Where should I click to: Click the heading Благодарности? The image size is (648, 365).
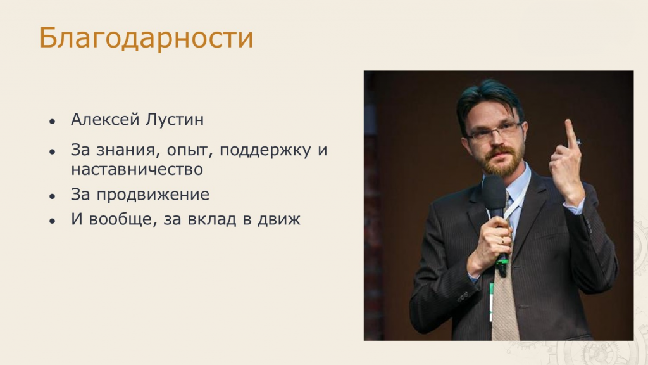[146, 38]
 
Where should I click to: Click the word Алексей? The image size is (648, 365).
[106, 120]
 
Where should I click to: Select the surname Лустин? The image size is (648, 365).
[175, 120]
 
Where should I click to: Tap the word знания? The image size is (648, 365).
[128, 150]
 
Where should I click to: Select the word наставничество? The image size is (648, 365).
[137, 169]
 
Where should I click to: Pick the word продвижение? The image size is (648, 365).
[153, 195]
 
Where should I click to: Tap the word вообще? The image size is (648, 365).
[123, 219]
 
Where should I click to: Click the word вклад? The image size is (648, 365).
[212, 219]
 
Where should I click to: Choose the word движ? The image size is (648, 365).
[279, 219]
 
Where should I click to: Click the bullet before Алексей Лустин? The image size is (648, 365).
[52, 121]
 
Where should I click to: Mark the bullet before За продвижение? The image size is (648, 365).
[52, 196]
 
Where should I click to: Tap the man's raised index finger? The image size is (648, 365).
[571, 133]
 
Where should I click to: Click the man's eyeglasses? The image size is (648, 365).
[493, 132]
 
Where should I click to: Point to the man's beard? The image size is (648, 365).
[500, 159]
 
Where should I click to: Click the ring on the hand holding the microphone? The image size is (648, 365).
[502, 240]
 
